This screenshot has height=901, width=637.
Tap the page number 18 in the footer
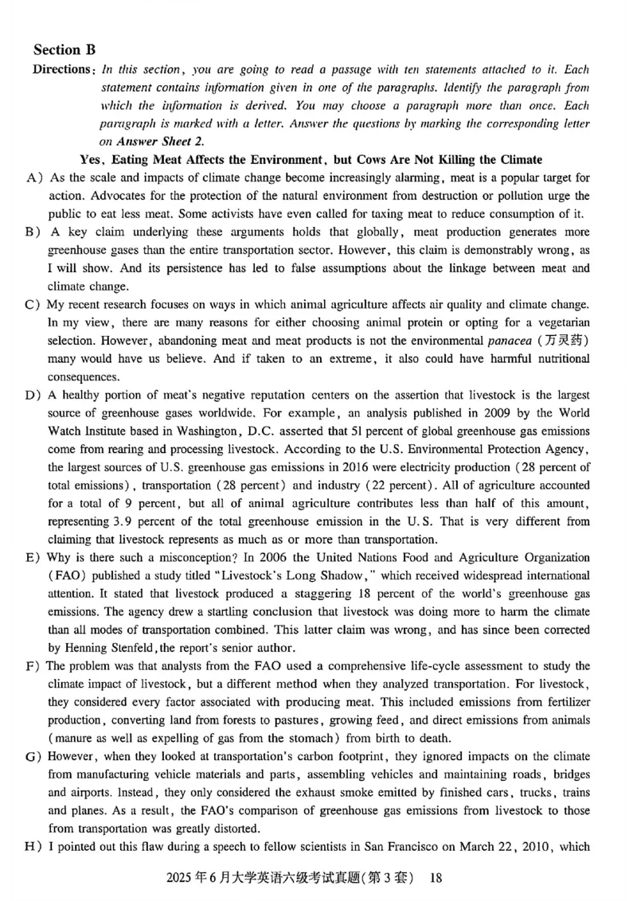click(x=435, y=879)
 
